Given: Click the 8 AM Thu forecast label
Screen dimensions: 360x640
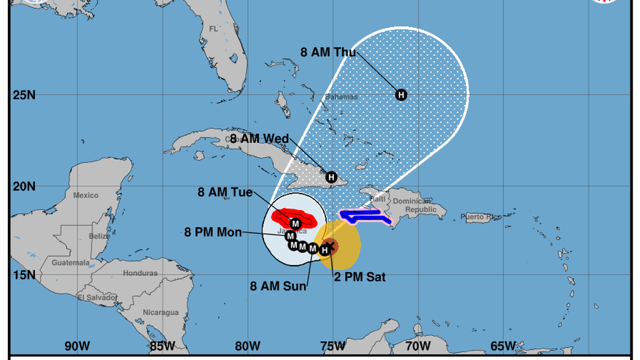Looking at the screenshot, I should pos(328,52).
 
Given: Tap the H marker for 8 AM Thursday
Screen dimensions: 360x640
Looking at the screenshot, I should pos(401,94).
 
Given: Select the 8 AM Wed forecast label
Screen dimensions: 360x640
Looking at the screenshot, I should pos(259,139).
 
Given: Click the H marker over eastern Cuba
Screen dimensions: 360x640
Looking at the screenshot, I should pos(332,177).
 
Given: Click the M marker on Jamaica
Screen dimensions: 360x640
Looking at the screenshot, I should pos(296,224).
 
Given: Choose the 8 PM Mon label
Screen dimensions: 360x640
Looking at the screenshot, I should pos(213,231).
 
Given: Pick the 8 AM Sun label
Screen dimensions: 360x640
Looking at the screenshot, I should pos(278,286).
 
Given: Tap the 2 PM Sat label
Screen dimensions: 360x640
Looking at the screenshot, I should pos(360,277).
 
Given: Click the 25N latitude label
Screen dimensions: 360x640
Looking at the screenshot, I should pos(24,94).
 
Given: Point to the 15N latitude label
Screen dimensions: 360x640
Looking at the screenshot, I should pos(24,275).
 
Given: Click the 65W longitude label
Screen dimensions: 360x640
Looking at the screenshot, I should pos(503,345).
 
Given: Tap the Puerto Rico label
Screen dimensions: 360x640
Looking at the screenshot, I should pos(481,217).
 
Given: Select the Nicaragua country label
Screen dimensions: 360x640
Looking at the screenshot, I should pos(161,312).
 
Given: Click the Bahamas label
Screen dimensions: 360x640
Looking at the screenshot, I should pos(341,97).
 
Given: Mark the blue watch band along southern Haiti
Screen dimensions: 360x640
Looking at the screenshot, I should pos(363,215).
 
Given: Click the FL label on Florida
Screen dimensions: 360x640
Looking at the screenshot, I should pos(213,28).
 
